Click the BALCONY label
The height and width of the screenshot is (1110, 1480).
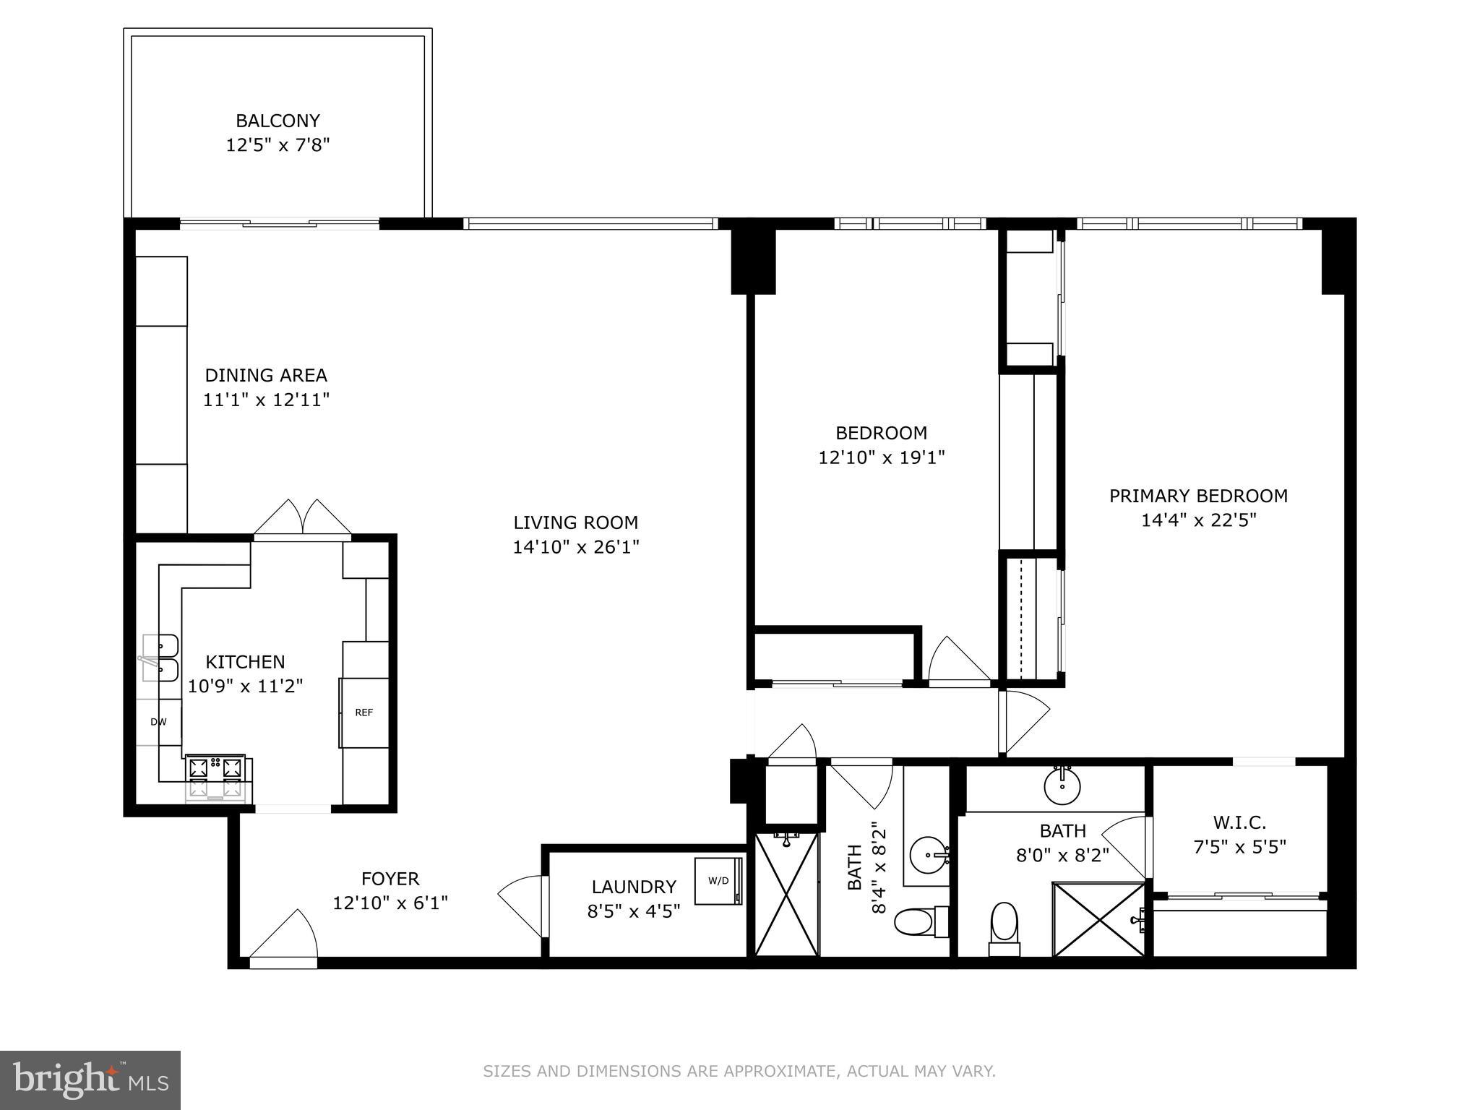coord(277,121)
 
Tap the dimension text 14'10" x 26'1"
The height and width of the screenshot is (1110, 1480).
coord(576,547)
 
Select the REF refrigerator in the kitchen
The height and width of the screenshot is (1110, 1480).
coord(364,713)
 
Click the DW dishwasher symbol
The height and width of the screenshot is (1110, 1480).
coord(158,722)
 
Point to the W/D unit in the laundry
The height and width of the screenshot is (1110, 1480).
coord(719,880)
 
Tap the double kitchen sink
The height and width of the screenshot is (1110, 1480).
coord(161,658)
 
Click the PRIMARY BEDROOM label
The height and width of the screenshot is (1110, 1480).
coord(1198,496)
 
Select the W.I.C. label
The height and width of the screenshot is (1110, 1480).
coord(1239,822)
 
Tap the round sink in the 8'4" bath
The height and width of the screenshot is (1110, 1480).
coord(928,856)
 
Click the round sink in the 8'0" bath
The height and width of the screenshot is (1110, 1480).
coord(1063,784)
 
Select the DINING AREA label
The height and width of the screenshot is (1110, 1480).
coord(266,375)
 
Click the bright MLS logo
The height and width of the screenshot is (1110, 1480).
coord(90,1080)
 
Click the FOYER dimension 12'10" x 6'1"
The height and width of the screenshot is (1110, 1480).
coord(390,903)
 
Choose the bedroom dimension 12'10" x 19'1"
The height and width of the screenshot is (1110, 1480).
coord(881,457)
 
